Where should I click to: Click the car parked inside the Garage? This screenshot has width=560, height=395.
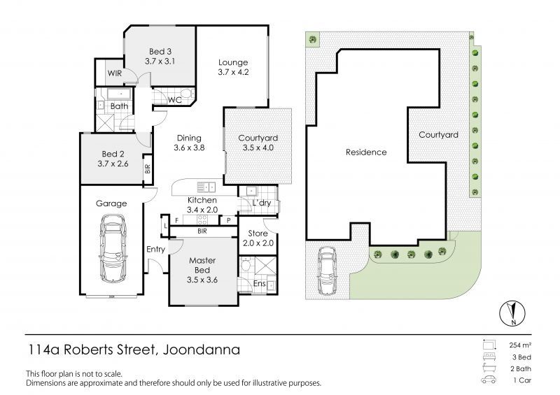[x=113, y=248]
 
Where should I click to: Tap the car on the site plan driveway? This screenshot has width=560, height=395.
[x=327, y=271]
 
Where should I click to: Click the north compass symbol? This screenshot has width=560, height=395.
[x=512, y=314]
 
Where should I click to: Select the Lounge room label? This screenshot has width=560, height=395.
[x=233, y=62]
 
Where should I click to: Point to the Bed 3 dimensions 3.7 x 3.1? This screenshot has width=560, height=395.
[x=160, y=62]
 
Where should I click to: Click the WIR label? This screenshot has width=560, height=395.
[x=115, y=73]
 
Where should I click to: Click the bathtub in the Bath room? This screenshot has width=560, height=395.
[x=119, y=94]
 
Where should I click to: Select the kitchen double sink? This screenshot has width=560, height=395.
[x=206, y=187]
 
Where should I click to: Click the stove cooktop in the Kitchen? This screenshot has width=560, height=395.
[x=202, y=220]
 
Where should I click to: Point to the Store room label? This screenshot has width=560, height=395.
[x=258, y=234]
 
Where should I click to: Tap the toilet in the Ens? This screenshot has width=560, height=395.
[x=246, y=265]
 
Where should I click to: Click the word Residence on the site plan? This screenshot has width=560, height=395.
[x=366, y=152]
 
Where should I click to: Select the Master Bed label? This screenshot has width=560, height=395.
[x=202, y=265]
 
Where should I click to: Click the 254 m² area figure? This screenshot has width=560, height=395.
[x=520, y=345]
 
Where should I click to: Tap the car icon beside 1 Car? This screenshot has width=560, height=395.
[x=489, y=380]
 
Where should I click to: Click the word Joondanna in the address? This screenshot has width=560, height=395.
[x=202, y=350]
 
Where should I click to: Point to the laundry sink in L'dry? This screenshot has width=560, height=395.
[x=251, y=192]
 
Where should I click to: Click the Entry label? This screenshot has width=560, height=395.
[x=155, y=250]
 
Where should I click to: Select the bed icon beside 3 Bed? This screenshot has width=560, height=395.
[x=489, y=357]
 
